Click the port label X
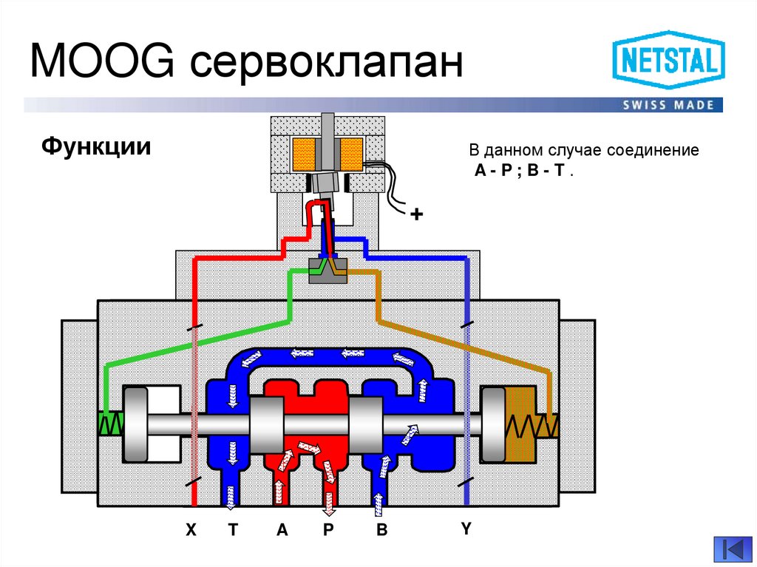[x=191, y=530]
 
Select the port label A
[x=282, y=530]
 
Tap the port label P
[x=329, y=530]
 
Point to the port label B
[x=381, y=530]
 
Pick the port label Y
[x=466, y=528]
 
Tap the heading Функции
[x=97, y=146]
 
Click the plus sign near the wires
[x=417, y=215]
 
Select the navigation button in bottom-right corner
[x=731, y=550]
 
